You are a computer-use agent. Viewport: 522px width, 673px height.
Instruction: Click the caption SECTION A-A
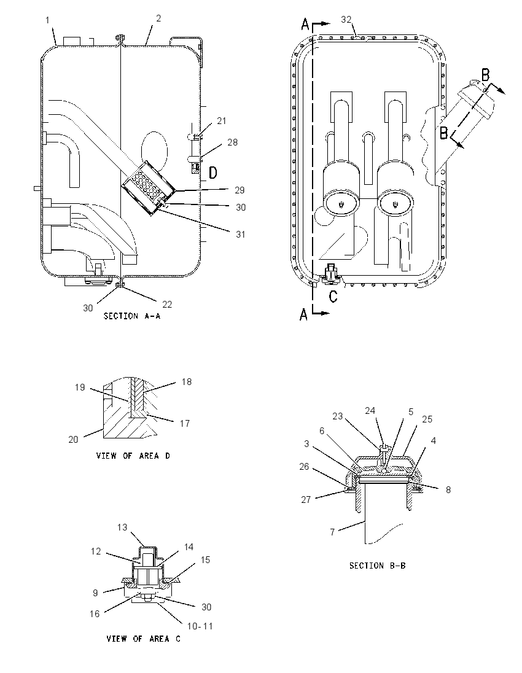pyautogui.click(x=132, y=316)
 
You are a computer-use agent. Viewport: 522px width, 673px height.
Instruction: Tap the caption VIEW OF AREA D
pyautogui.click(x=133, y=456)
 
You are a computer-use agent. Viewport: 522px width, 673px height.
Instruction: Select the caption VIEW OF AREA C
pyautogui.click(x=144, y=639)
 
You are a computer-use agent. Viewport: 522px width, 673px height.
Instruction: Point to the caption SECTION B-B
pyautogui.click(x=377, y=566)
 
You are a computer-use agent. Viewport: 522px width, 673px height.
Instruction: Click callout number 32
pyautogui.click(x=346, y=19)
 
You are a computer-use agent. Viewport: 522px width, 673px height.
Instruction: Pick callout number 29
pyautogui.click(x=240, y=190)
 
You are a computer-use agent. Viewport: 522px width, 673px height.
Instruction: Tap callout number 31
pyautogui.click(x=240, y=234)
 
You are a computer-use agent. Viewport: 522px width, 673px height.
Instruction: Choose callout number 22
pyautogui.click(x=167, y=305)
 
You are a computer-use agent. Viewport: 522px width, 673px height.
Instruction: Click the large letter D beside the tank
pyautogui.click(x=213, y=173)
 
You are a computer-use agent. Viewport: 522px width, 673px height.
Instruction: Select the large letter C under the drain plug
pyautogui.click(x=333, y=297)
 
